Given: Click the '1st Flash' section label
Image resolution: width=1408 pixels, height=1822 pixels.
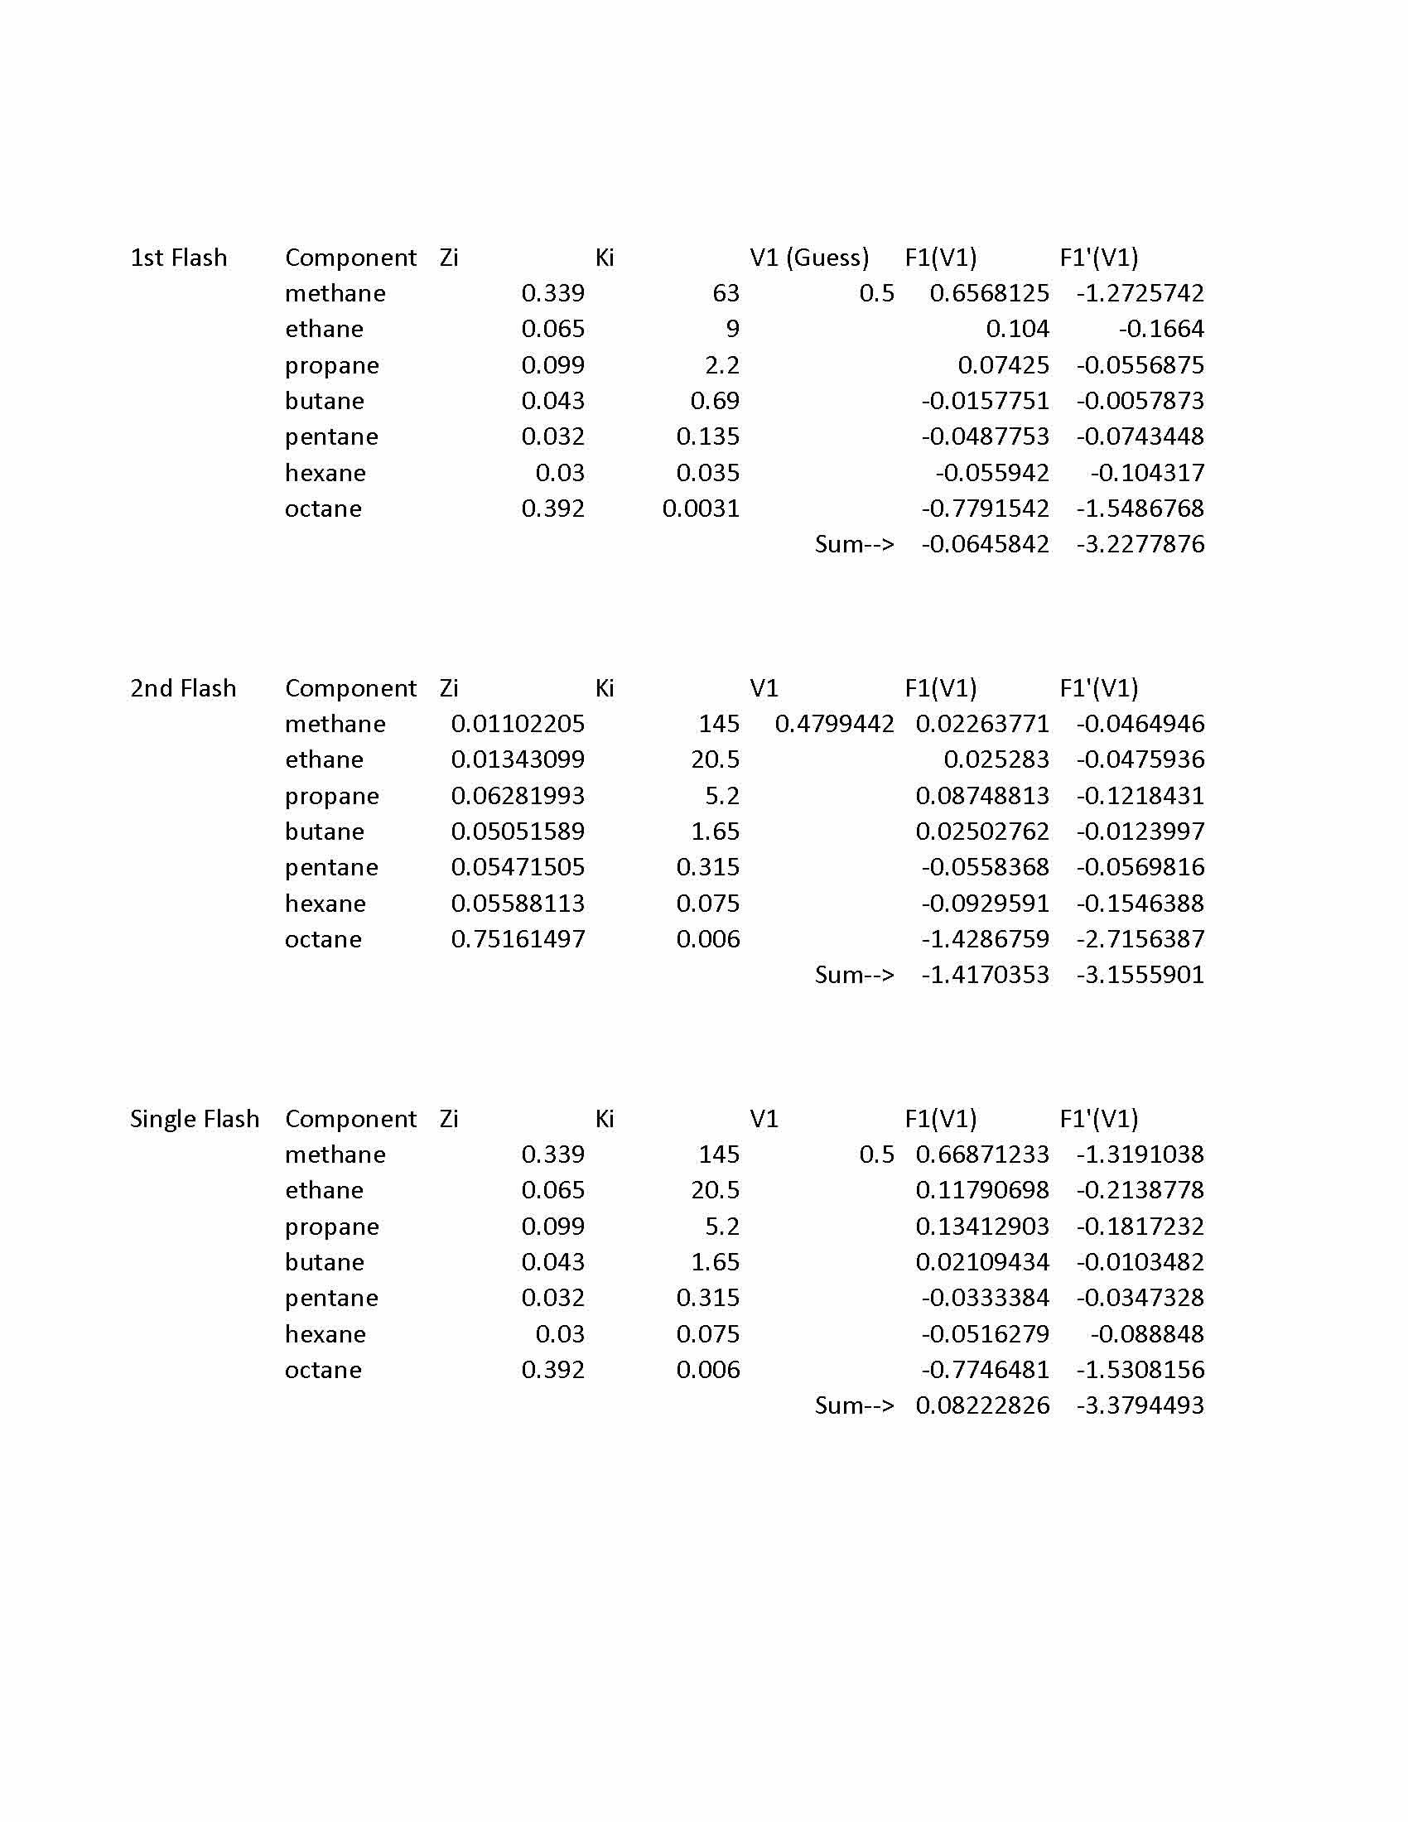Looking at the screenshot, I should [x=179, y=258].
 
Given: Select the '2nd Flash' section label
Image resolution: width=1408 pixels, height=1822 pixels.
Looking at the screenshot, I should [x=183, y=688].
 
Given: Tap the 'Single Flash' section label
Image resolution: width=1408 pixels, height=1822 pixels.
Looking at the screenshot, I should [x=195, y=1119].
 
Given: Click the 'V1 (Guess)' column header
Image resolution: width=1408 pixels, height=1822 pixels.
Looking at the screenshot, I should [x=809, y=258].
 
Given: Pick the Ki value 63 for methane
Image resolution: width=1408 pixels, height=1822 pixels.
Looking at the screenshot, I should [x=726, y=294].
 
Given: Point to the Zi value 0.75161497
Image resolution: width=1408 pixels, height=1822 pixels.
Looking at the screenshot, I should [x=518, y=939].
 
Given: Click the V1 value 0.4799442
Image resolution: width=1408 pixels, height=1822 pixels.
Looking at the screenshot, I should [x=834, y=724].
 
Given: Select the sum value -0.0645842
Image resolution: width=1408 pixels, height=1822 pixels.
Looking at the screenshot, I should [x=985, y=545].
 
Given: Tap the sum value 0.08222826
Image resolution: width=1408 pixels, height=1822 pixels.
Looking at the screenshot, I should [x=982, y=1405].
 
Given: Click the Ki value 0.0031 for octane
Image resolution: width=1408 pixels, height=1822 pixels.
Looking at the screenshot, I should [x=701, y=509].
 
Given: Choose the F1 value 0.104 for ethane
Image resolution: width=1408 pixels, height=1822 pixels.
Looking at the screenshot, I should [x=1017, y=330].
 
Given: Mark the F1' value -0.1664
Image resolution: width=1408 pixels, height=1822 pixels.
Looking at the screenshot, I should [x=1161, y=330].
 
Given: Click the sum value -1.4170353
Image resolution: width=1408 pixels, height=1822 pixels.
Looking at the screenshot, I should [x=985, y=976].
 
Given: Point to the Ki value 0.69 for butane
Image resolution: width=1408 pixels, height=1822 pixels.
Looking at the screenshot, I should [x=715, y=402].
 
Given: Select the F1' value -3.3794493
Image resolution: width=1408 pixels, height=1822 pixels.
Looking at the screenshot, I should [x=1140, y=1405].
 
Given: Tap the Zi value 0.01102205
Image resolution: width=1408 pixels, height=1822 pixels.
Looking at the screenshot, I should [x=518, y=724].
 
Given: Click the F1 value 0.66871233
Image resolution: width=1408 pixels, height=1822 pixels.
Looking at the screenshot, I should [x=982, y=1154].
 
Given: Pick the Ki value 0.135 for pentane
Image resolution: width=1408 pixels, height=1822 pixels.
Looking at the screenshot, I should [x=708, y=437].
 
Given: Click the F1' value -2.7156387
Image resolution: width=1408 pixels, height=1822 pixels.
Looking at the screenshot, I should [x=1140, y=939].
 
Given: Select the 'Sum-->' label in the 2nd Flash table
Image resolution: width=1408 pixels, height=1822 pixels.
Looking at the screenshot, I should [x=854, y=976].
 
